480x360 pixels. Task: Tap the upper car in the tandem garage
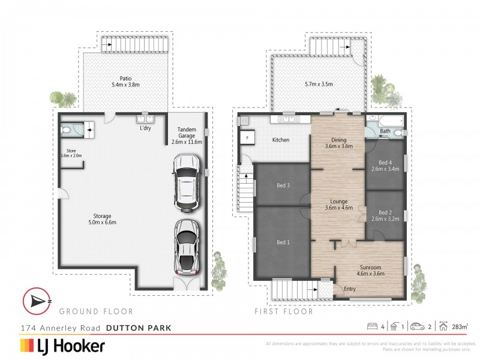click(x=185, y=182)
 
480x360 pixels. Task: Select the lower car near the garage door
click(x=186, y=246)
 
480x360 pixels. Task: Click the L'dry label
click(x=145, y=129)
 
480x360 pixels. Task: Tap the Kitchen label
click(x=281, y=140)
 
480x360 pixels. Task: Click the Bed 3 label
click(x=284, y=185)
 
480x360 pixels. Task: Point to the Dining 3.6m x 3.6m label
click(x=339, y=142)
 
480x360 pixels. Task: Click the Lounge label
click(x=339, y=205)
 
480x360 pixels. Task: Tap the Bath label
click(x=385, y=131)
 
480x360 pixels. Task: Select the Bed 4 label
click(x=385, y=166)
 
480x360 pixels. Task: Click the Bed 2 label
click(x=385, y=215)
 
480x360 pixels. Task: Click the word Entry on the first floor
click(x=350, y=289)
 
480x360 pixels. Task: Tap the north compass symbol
click(x=37, y=302)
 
